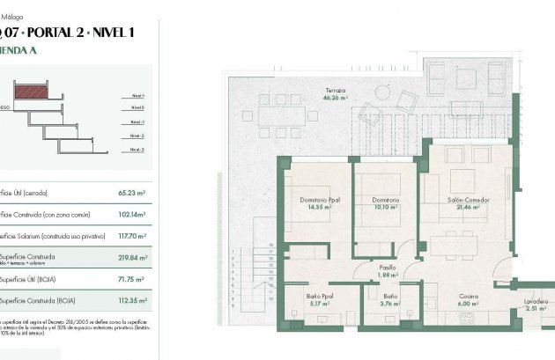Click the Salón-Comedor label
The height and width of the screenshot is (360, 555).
click(467, 199)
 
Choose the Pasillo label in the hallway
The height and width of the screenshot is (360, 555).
click(387, 267)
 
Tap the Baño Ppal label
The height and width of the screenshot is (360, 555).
click(319, 298)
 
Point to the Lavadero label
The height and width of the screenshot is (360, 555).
click(536, 302)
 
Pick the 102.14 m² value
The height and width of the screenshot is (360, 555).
click(131, 214)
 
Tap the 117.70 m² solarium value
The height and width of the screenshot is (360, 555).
click(130, 236)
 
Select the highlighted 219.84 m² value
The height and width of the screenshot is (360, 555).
click(130, 259)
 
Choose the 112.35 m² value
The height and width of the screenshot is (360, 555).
click(130, 302)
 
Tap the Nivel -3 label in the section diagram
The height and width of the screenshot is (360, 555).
click(137, 151)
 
